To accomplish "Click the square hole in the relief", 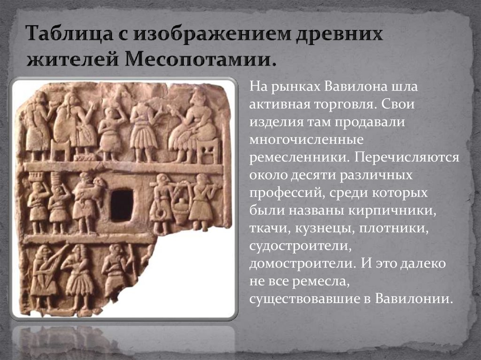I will point(122,205).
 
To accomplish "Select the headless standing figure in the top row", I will point(143,127).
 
